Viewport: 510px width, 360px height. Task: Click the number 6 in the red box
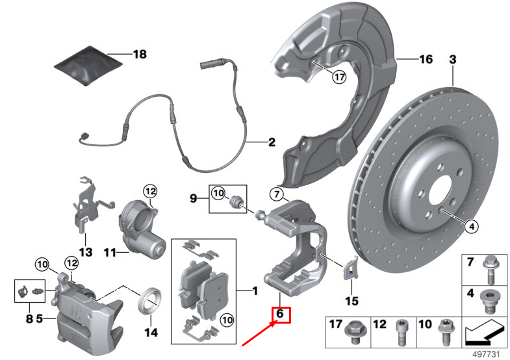280,314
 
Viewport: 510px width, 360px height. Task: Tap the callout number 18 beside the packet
140,54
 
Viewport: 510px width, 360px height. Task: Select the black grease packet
88,66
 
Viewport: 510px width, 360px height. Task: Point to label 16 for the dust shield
426,59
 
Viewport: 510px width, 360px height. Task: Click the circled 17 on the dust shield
339,77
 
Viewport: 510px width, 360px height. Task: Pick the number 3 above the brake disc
453,60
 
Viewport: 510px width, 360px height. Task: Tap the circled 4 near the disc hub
472,226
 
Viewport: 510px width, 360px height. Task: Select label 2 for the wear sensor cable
272,142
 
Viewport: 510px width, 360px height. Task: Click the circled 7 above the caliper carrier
277,194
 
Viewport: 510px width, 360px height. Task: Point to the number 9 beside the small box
193,198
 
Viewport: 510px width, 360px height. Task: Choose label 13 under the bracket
86,252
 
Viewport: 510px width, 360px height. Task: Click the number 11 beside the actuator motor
110,252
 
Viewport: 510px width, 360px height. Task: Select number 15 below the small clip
352,301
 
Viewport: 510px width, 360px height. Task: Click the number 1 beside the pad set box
255,290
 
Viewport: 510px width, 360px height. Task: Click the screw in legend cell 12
402,333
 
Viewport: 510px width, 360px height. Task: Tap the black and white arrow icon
484,331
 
